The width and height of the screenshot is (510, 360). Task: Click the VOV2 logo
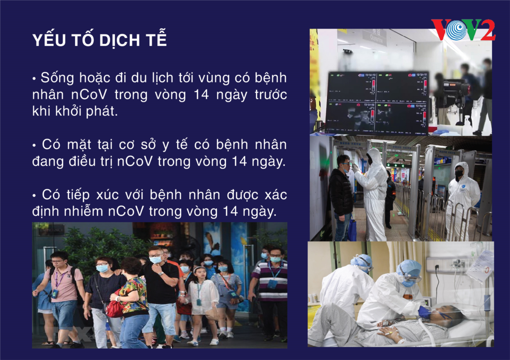tap(463, 30)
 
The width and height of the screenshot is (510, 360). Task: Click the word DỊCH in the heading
tap(119, 41)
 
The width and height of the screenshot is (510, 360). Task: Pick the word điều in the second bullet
tap(82, 162)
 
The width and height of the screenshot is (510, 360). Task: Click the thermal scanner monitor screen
tap(377, 103)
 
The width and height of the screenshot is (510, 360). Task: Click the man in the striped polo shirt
tap(271, 294)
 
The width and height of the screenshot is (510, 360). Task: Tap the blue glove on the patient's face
tap(425, 312)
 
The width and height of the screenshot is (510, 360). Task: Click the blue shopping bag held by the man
tap(352, 229)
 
